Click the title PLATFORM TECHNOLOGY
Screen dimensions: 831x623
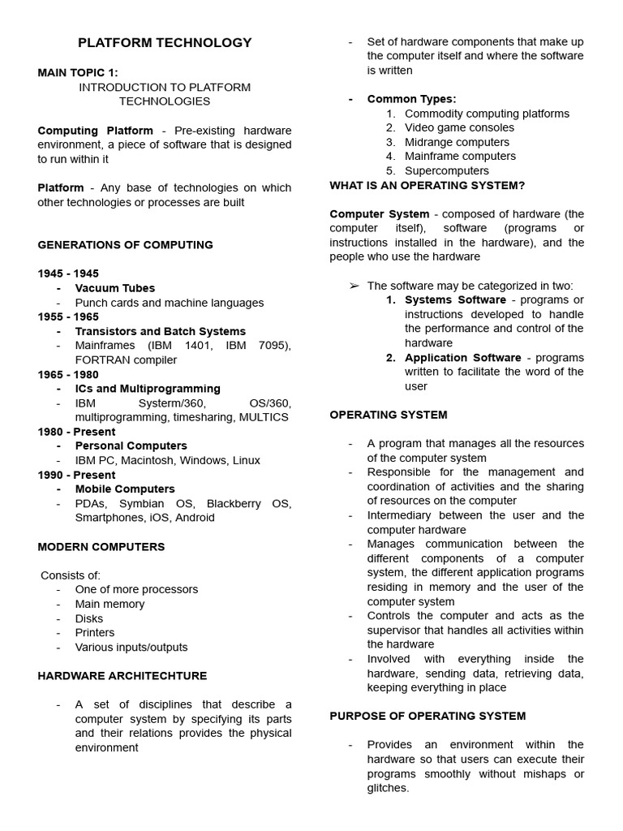click(165, 43)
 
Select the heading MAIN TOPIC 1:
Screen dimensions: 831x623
click(77, 72)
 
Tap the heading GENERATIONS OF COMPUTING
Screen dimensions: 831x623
click(125, 244)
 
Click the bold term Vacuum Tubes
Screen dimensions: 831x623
click(114, 288)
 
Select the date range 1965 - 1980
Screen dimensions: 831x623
click(68, 374)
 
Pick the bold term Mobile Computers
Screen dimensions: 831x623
click(125, 489)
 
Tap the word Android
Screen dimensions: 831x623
click(194, 517)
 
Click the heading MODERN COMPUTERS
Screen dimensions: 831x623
click(101, 546)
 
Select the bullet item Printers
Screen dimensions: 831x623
click(95, 632)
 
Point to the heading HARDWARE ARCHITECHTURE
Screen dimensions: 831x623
click(122, 675)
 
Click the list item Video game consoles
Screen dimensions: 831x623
click(459, 127)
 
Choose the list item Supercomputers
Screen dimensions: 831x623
click(446, 170)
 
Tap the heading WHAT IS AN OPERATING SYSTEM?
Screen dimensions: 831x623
click(427, 185)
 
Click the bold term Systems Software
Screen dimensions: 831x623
click(455, 299)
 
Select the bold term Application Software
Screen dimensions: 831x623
click(462, 357)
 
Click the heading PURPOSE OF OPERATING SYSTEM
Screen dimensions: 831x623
click(428, 716)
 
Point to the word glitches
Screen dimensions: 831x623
click(387, 787)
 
